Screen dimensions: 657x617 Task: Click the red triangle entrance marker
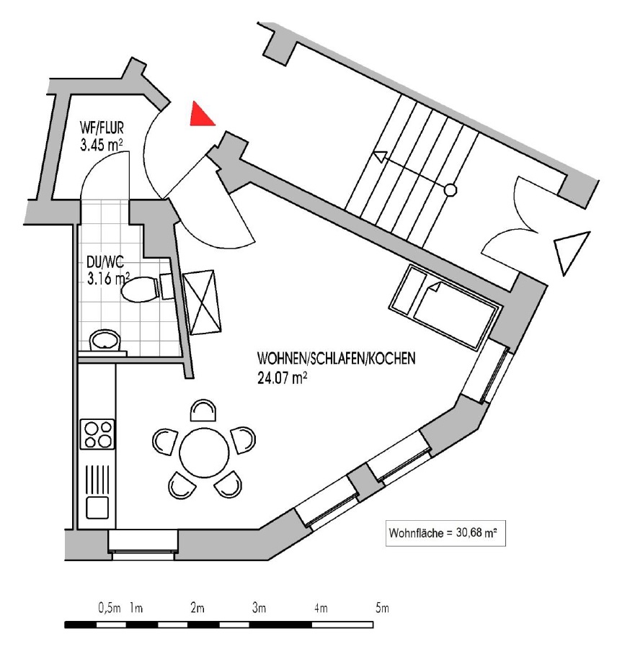200,115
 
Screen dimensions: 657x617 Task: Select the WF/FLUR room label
102,130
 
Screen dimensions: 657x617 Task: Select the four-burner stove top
98,434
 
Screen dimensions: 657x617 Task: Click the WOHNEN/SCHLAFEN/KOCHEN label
336,358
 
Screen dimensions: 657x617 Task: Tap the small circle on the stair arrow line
450,190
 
